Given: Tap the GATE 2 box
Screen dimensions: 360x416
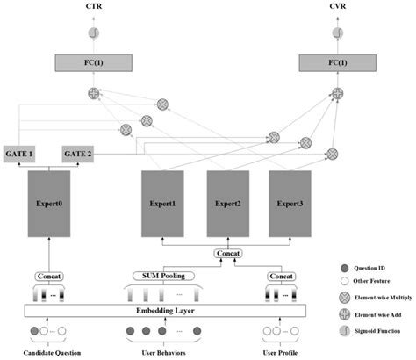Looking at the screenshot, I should point(77,154).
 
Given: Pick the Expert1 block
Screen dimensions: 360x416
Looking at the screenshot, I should point(162,203).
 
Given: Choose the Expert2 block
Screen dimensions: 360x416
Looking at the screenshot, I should point(226,203).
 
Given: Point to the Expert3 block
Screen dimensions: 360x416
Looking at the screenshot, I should point(290,203).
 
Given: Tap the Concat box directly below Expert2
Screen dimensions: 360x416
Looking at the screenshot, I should point(226,253).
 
